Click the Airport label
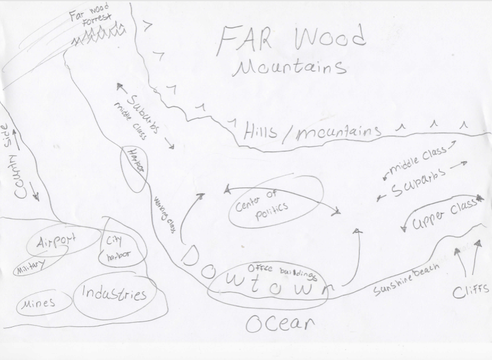[57, 242]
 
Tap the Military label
[30, 268]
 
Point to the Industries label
[114, 293]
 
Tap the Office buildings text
[282, 271]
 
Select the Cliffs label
[471, 290]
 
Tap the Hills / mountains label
[312, 132]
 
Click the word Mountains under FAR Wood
[289, 67]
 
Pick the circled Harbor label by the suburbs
[135, 161]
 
